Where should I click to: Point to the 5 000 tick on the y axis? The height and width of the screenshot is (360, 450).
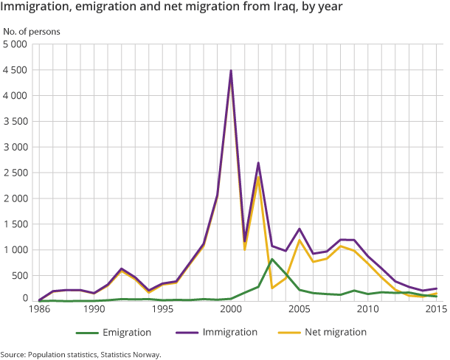[15, 44]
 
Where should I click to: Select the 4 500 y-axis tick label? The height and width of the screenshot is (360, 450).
[15, 70]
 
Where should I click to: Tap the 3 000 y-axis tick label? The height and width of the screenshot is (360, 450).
[15, 147]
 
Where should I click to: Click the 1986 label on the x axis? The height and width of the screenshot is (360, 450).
[40, 311]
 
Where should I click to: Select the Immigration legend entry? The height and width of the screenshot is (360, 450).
[229, 332]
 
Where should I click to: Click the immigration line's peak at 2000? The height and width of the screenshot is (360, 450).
[231, 71]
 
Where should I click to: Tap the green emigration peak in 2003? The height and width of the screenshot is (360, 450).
[272, 259]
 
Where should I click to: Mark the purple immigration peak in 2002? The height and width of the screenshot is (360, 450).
[258, 162]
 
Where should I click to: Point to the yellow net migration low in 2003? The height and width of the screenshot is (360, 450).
[272, 288]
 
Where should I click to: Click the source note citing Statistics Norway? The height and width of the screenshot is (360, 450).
[80, 354]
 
